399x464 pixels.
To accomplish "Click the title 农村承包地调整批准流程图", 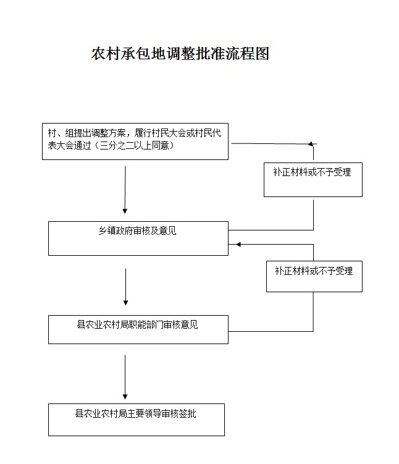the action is point(180,54).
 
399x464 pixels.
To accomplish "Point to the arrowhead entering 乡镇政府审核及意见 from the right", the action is point(238,245).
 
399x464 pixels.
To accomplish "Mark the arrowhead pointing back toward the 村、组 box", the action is point(311,144).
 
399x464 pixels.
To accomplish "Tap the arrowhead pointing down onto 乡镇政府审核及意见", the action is point(125,211).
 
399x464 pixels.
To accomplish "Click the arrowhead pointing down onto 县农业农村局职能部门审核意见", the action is point(125,303).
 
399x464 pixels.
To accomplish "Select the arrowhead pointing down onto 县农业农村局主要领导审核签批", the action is point(125,397).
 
